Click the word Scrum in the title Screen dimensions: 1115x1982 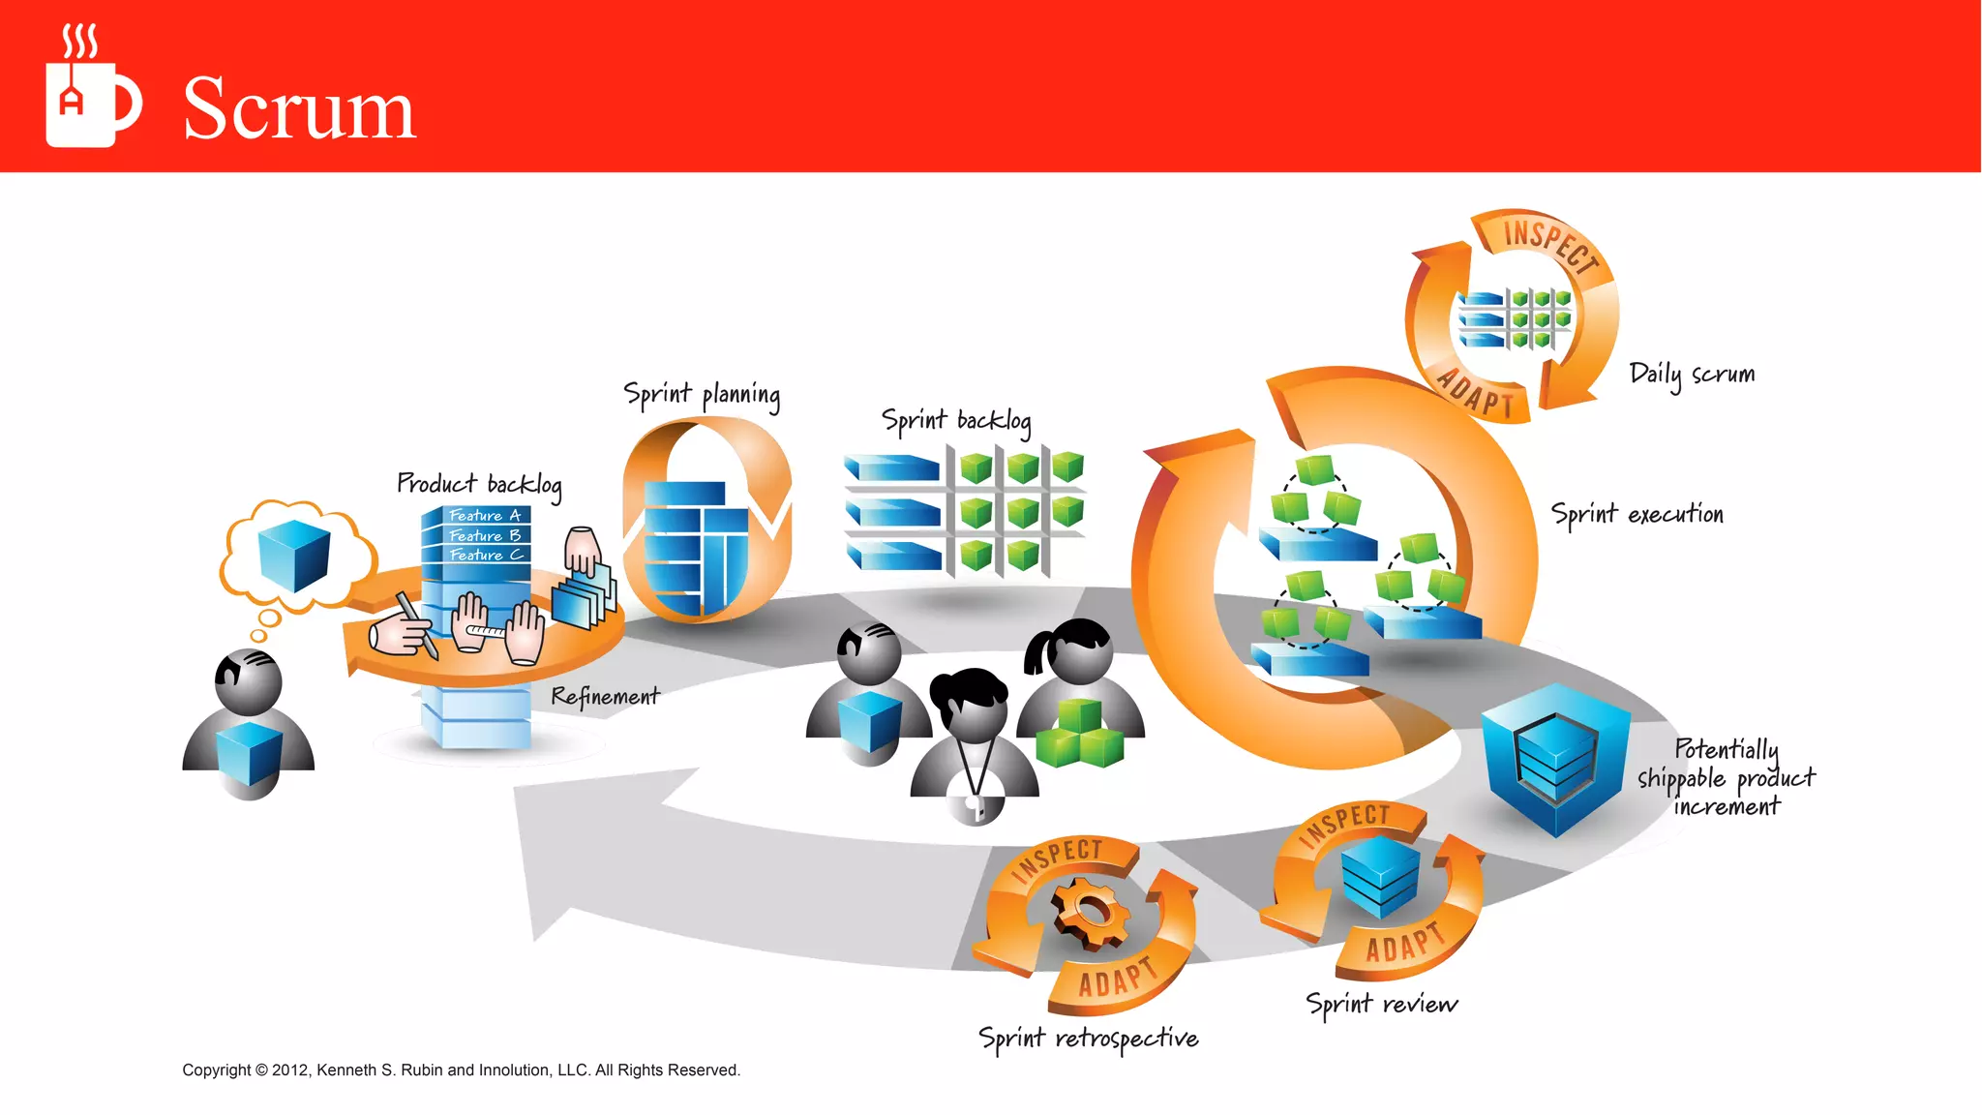pyautogui.click(x=299, y=108)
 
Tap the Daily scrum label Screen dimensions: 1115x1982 pyautogui.click(x=1691, y=375)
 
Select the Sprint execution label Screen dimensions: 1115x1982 pyautogui.click(x=1637, y=514)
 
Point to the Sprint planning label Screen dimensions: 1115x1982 pyautogui.click(x=702, y=395)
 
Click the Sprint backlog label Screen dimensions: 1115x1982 pyautogui.click(x=955, y=421)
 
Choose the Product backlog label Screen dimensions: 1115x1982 pyautogui.click(x=479, y=484)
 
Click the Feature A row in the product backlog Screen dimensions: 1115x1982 pyautogui.click(x=484, y=516)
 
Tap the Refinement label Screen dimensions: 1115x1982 pyautogui.click(x=605, y=696)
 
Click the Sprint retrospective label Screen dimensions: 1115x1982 pyautogui.click(x=1088, y=1039)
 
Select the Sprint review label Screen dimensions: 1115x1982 pyautogui.click(x=1381, y=1004)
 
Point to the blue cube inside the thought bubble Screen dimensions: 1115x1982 pyautogui.click(x=294, y=555)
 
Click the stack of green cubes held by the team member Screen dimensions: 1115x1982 pyautogui.click(x=1080, y=736)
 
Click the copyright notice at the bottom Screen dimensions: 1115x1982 pyautogui.click(x=461, y=1070)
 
